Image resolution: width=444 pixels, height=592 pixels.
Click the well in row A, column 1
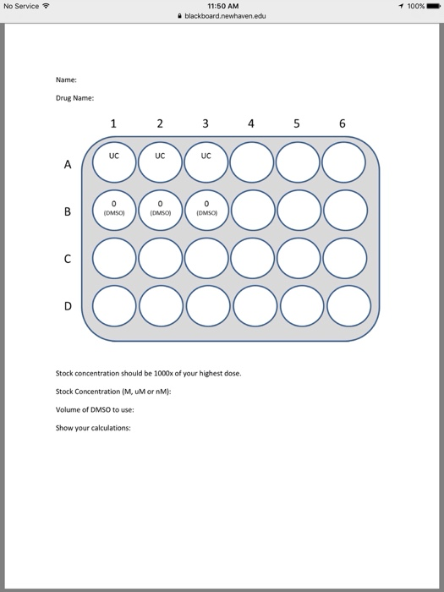tap(113, 165)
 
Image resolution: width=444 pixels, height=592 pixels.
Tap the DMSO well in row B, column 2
tap(160, 211)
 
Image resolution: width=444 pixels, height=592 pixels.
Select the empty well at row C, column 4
tap(250, 257)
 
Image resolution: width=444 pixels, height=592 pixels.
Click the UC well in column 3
tap(206, 165)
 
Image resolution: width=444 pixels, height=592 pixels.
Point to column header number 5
tap(296, 124)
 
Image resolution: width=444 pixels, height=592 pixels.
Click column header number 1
tap(113, 124)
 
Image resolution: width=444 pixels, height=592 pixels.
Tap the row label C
tap(67, 257)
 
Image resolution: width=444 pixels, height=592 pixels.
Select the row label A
tap(67, 166)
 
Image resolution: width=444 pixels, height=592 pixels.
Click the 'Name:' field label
tap(66, 79)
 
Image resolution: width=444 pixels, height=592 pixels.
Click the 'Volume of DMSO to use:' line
tap(95, 409)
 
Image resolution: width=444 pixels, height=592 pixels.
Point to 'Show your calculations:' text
tap(93, 427)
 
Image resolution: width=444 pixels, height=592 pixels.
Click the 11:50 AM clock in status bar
tap(222, 6)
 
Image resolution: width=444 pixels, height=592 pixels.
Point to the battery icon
tap(430, 6)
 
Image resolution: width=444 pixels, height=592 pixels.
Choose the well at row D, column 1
tap(113, 304)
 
